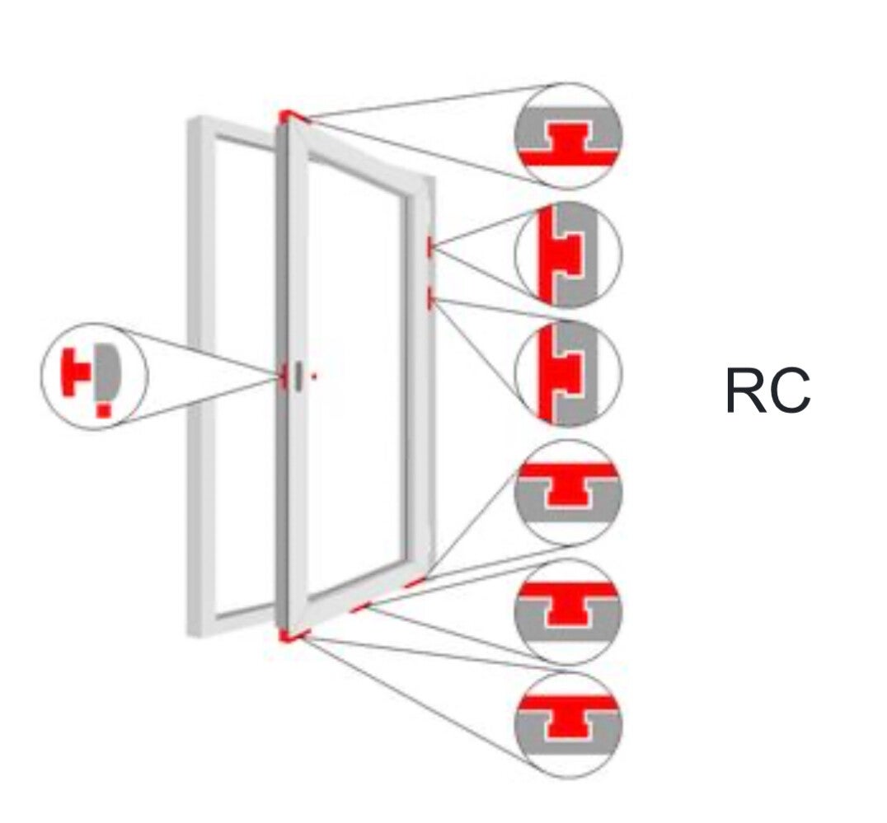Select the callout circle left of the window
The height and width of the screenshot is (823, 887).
pyautogui.click(x=94, y=376)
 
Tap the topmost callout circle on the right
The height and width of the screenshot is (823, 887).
pyautogui.click(x=568, y=136)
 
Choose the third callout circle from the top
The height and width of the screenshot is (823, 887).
pyautogui.click(x=568, y=373)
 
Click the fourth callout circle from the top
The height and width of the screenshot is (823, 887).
pyautogui.click(x=568, y=492)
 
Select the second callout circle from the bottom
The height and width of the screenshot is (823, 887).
pyautogui.click(x=568, y=610)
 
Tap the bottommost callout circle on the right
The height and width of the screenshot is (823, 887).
pyautogui.click(x=568, y=724)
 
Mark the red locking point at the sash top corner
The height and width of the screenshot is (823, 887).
pyautogui.click(x=286, y=115)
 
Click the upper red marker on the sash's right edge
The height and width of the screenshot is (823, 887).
pyautogui.click(x=429, y=246)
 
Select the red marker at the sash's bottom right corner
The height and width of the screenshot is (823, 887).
pyautogui.click(x=415, y=582)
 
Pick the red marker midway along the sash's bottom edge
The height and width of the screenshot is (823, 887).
pyautogui.click(x=359, y=608)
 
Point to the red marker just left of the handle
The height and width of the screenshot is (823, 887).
pyautogui.click(x=283, y=376)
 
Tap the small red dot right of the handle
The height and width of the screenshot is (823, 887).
pyautogui.click(x=314, y=376)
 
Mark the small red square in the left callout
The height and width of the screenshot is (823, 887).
pyautogui.click(x=103, y=409)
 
